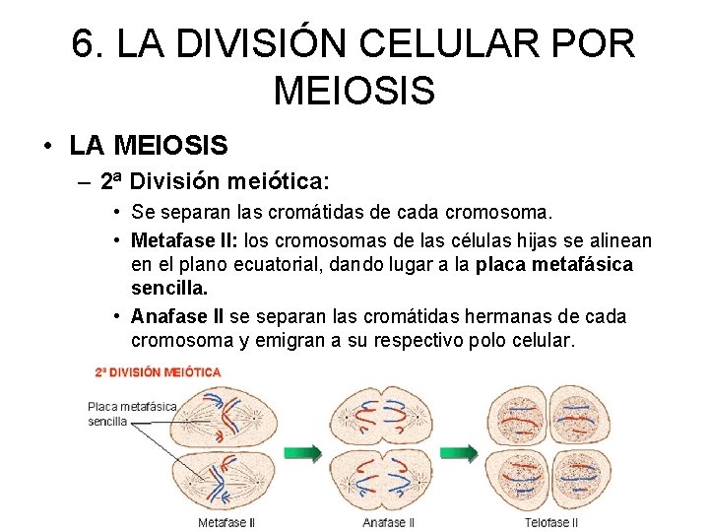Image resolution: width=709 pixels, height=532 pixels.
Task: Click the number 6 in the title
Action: [x=86, y=43]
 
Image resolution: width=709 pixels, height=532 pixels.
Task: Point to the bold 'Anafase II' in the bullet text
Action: [x=177, y=317]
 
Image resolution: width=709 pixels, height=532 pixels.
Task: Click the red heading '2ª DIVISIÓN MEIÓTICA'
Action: [x=158, y=372]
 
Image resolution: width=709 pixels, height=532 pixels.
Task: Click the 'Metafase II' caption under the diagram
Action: [x=226, y=522]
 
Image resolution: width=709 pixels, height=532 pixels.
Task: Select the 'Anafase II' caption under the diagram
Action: [x=389, y=522]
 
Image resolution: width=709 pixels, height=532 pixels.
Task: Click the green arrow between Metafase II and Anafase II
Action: [x=307, y=453]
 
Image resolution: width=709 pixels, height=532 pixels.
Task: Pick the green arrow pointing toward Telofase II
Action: [x=465, y=453]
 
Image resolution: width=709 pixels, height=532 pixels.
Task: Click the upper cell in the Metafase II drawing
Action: [x=226, y=414]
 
